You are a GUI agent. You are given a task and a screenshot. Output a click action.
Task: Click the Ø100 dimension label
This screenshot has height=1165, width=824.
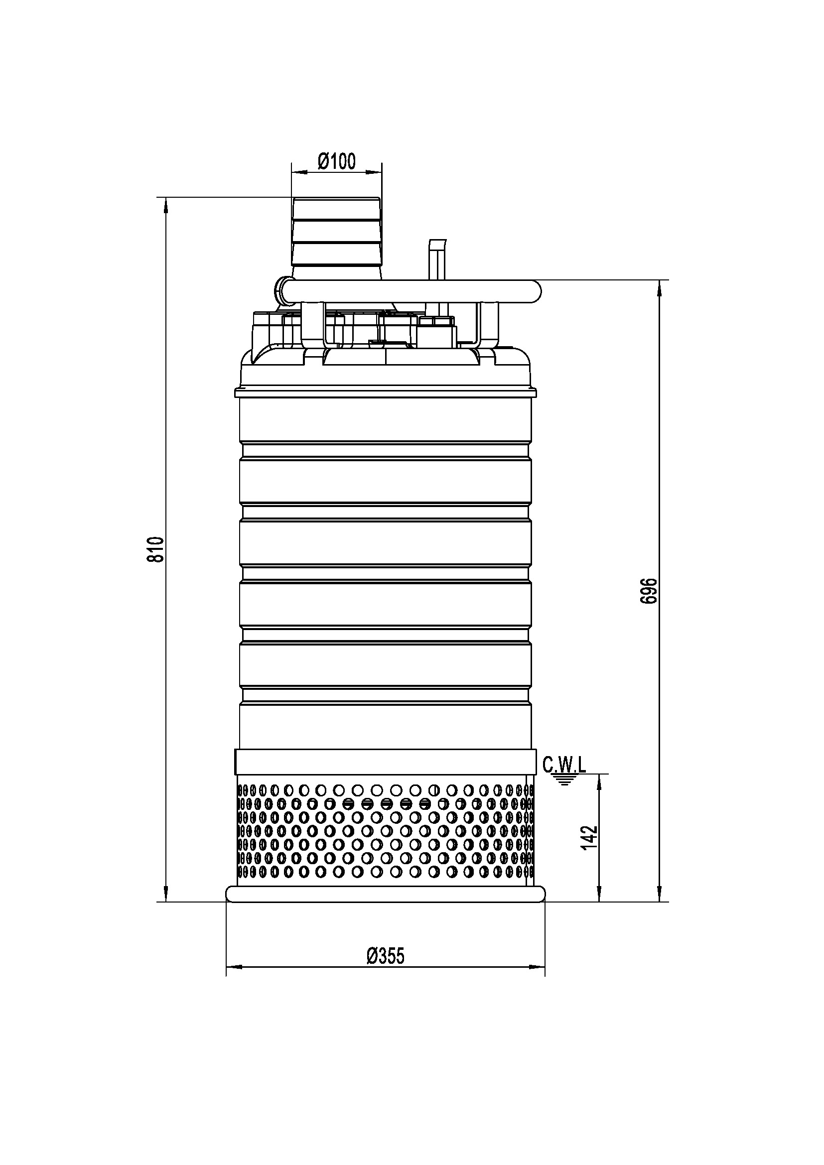click(336, 161)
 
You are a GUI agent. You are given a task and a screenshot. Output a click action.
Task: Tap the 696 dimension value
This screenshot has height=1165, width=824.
click(649, 591)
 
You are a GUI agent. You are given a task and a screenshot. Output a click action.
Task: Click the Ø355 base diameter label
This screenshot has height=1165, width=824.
click(386, 956)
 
